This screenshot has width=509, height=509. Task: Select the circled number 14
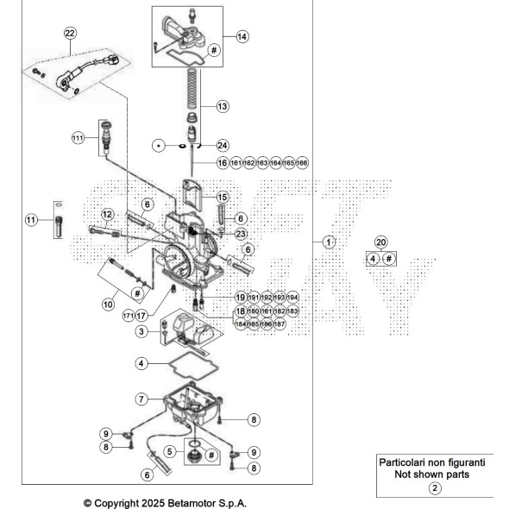coord(242,37)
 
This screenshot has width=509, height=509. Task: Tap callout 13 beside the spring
coord(223,106)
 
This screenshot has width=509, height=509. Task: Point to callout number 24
coord(223,145)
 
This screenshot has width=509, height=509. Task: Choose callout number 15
coord(222,197)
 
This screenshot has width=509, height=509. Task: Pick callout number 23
coord(241,233)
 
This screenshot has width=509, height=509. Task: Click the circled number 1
coord(328,242)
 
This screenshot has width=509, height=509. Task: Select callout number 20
coord(380,242)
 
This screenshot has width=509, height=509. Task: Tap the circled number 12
coord(108,213)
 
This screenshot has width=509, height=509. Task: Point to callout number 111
coord(78,137)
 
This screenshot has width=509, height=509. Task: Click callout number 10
coord(109,304)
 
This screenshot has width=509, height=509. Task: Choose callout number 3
coord(142,331)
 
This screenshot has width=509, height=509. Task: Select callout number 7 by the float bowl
coord(141,399)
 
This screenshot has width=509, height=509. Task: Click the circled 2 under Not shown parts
coord(435,488)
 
